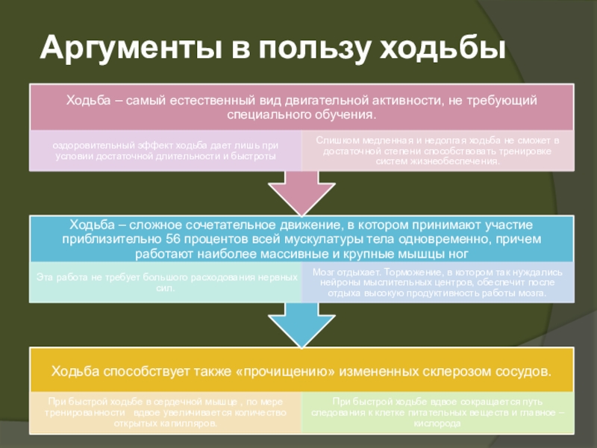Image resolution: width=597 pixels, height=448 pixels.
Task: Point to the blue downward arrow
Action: pyautogui.click(x=301, y=325)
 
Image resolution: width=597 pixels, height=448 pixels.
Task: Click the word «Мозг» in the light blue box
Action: pyautogui.click(x=324, y=273)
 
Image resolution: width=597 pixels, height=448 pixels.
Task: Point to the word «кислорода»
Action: pyautogui.click(x=439, y=423)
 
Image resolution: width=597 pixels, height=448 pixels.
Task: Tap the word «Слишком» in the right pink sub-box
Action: pyautogui.click(x=333, y=140)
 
